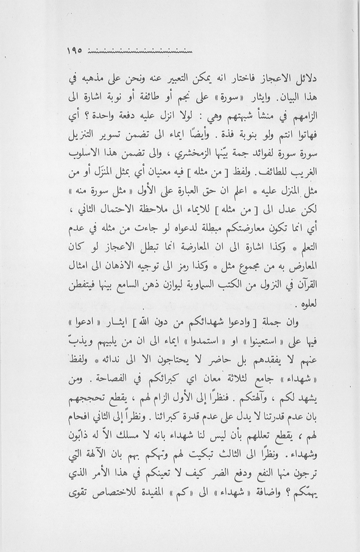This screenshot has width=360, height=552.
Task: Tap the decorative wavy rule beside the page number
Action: (141, 51)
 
